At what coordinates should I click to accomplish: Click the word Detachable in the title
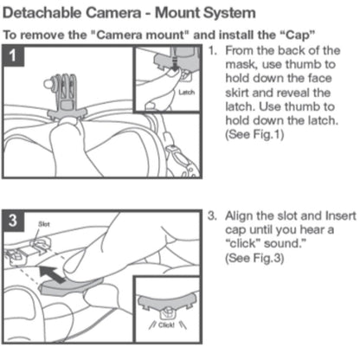coord(42,13)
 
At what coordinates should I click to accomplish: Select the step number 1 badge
coord(13,55)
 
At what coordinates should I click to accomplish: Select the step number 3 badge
coord(13,222)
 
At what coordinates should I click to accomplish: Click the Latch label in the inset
coord(187,93)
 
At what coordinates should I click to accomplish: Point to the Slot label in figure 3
coord(44,224)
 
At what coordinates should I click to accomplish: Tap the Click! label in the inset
coord(166,325)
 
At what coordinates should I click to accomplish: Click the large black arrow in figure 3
coord(52,274)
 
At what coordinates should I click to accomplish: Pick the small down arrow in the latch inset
coord(174,62)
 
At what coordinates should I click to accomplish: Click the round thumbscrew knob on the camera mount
coord(48,84)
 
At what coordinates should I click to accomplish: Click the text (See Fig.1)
coord(254,134)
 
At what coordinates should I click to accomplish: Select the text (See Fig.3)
coord(254,258)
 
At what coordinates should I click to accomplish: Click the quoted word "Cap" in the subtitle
coord(298,35)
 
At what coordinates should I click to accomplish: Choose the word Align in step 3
coord(241,216)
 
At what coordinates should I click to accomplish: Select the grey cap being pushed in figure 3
coord(72,286)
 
